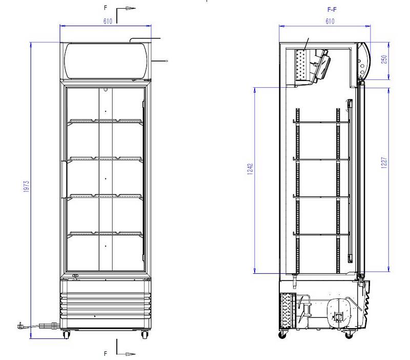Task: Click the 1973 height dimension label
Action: [x=27, y=187]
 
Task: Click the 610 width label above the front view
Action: [x=108, y=21]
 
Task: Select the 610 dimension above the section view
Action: [x=330, y=21]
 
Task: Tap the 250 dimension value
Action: [x=384, y=59]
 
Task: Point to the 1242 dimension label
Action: [x=250, y=169]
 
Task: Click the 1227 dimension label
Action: [x=384, y=163]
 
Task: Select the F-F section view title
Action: [x=332, y=10]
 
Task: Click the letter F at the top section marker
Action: [x=106, y=8]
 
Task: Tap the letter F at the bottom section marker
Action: [x=106, y=354]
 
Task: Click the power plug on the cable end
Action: [x=20, y=326]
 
